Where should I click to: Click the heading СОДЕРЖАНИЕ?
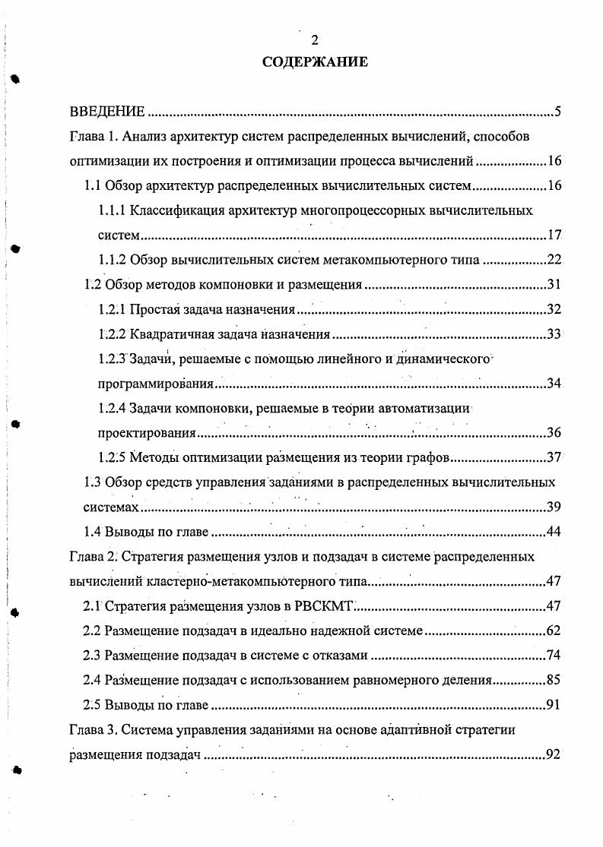click(x=314, y=62)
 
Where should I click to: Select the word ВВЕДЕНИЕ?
click(x=107, y=113)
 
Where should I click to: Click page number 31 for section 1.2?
click(x=553, y=285)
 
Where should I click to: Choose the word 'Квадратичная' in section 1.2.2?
click(x=169, y=334)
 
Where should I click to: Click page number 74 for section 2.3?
click(x=553, y=656)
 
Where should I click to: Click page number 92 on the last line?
click(x=553, y=754)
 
